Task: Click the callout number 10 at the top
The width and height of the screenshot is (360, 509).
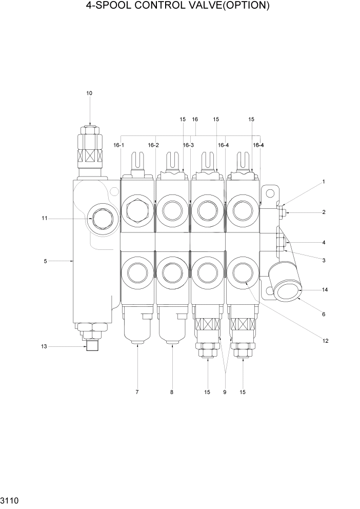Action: click(89, 93)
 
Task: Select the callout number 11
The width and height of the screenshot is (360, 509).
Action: click(45, 219)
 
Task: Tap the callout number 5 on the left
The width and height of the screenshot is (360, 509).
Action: click(45, 261)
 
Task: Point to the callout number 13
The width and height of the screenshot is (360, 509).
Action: click(44, 347)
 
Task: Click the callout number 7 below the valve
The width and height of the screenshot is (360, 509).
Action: click(137, 393)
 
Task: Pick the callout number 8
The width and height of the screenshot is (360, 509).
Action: click(172, 393)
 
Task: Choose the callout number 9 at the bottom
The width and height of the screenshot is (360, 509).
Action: click(225, 393)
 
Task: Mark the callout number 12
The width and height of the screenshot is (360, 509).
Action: click(325, 340)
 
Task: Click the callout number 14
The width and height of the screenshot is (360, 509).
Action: click(325, 290)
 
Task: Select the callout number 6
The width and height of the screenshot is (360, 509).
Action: click(324, 315)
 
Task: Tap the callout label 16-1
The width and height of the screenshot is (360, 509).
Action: click(119, 146)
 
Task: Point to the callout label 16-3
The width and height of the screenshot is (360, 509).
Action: click(188, 146)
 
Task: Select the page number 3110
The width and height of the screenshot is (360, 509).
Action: click(10, 499)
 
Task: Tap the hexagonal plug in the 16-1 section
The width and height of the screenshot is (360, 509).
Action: click(137, 211)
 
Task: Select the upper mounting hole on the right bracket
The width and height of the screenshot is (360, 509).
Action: click(270, 193)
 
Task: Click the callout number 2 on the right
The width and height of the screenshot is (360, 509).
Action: click(324, 212)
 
